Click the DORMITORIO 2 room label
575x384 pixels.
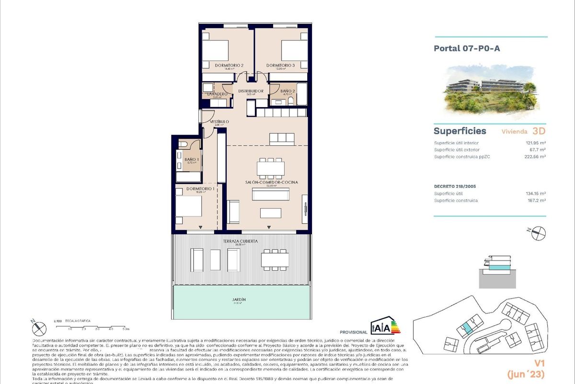[x=216, y=65]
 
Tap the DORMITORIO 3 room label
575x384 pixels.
[x=280, y=65]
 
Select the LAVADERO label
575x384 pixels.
[x=217, y=94]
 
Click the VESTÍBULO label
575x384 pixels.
[x=218, y=122]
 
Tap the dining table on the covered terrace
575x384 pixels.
[x=275, y=260]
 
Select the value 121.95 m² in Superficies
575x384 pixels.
[x=535, y=143]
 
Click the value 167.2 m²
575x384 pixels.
[x=536, y=201]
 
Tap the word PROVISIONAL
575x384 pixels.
[x=353, y=332]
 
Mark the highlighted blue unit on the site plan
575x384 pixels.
[x=465, y=330]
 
